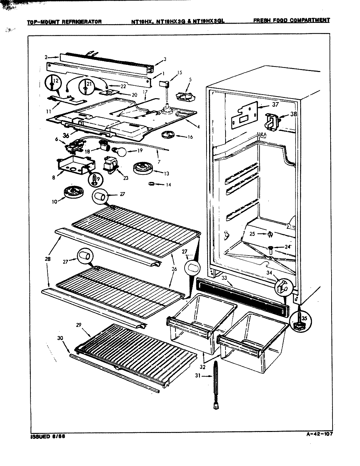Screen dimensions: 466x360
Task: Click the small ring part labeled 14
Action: (152, 184)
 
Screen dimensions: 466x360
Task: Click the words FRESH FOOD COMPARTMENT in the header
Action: (291, 20)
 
